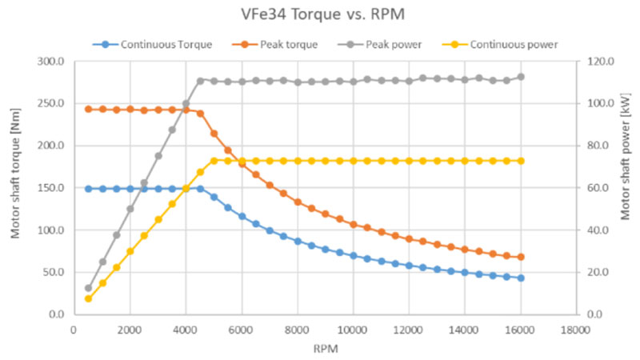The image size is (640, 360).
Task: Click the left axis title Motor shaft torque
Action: coord(15,187)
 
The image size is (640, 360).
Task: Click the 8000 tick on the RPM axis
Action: coord(298,327)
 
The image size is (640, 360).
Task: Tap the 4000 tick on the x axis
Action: coord(186,327)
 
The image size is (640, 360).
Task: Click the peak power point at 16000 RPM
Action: coord(521,77)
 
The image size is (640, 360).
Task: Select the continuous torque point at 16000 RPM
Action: coord(521,278)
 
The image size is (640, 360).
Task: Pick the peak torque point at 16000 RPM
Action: coord(521,257)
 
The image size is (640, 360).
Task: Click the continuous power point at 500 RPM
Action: coord(88,298)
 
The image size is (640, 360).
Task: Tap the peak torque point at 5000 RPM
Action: coord(214,134)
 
